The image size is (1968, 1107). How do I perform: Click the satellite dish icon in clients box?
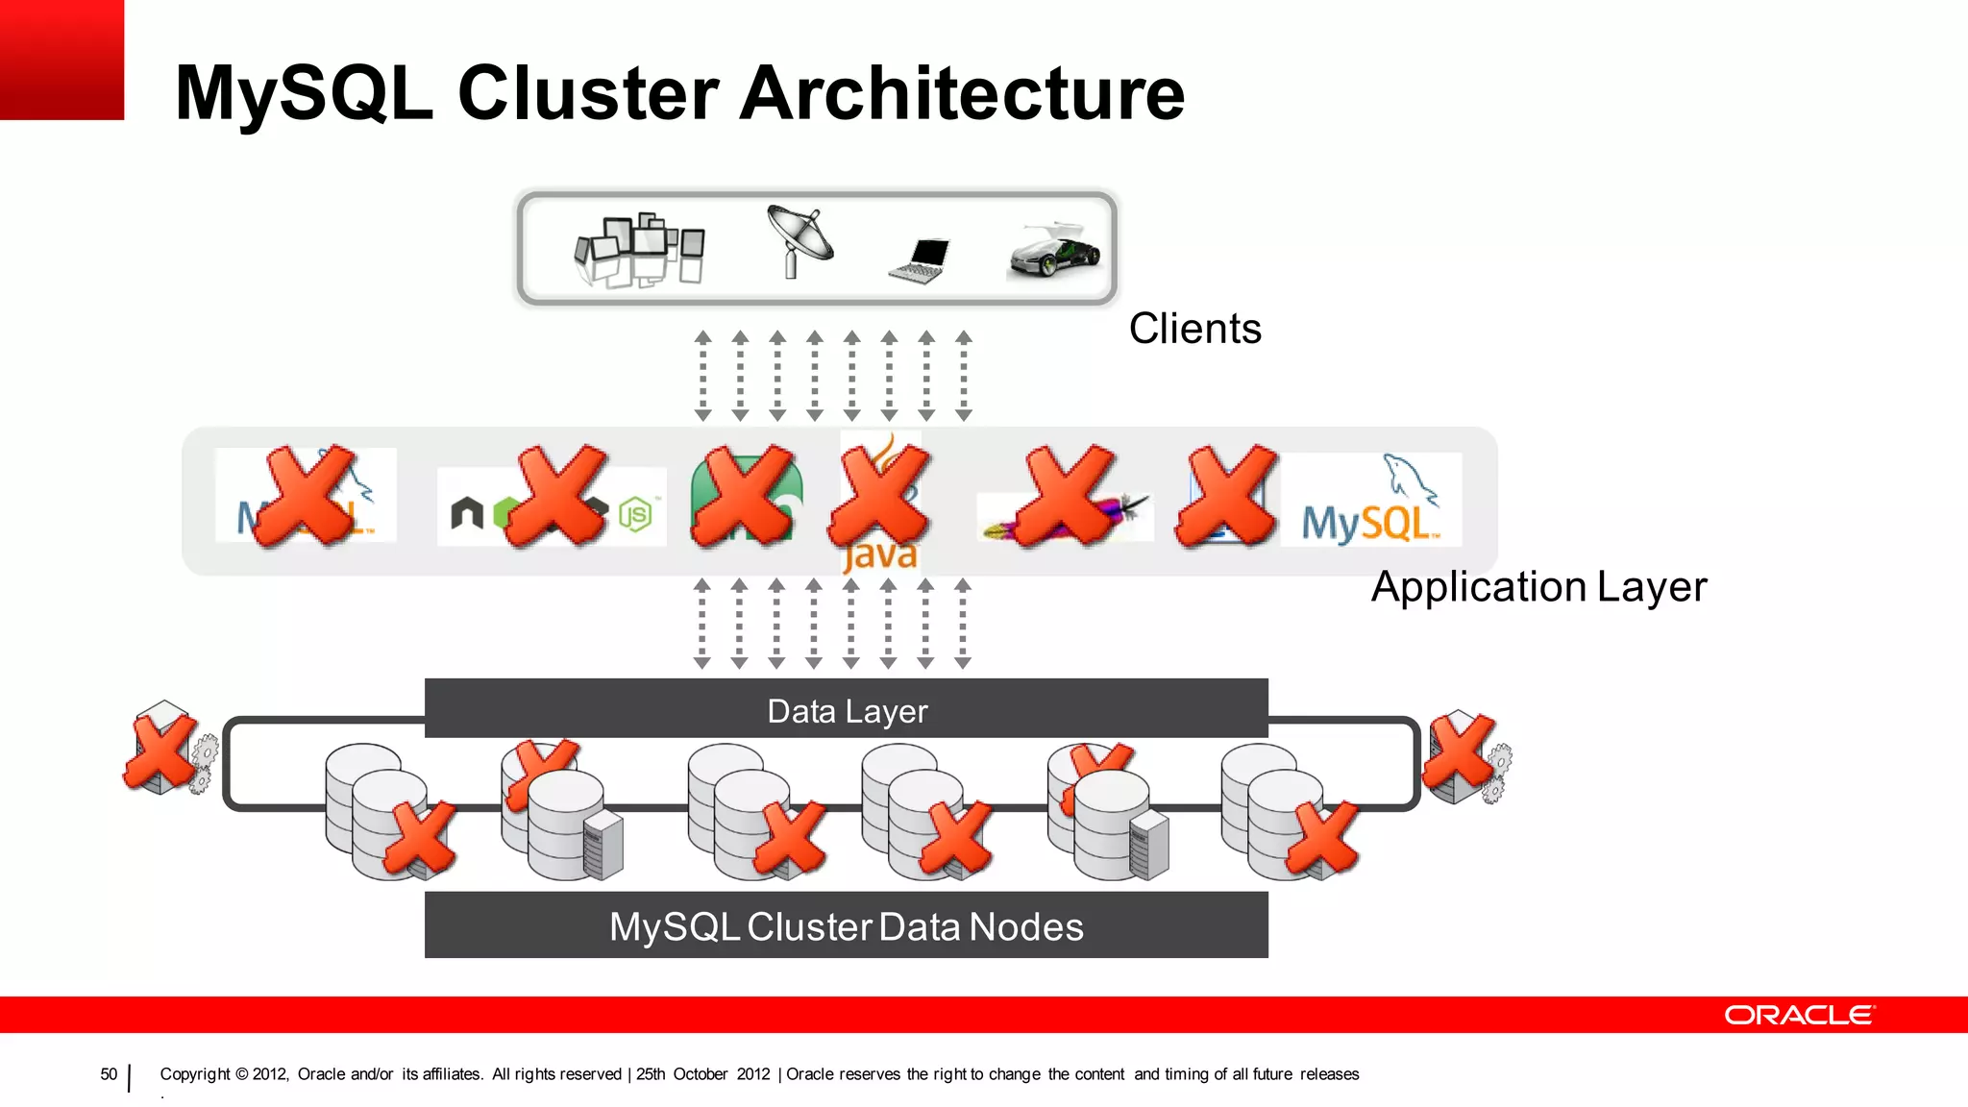click(x=799, y=240)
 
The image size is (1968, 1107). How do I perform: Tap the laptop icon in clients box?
click(x=920, y=260)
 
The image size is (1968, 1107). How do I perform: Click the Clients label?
click(x=1194, y=329)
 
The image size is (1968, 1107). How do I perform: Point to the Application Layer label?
click(x=1538, y=586)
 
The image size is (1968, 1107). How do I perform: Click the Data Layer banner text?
click(x=847, y=711)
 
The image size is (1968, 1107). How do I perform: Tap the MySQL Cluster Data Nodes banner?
click(x=847, y=926)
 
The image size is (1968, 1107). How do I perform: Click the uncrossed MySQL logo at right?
click(x=1370, y=503)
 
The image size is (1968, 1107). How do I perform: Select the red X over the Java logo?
click(x=881, y=494)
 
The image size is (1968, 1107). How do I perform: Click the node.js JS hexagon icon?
click(x=635, y=515)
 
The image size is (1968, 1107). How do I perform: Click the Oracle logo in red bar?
click(x=1798, y=1016)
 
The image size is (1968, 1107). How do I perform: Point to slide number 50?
click(x=109, y=1074)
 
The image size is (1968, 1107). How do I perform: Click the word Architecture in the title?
click(x=964, y=93)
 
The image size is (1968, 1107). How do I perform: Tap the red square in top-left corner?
click(x=61, y=59)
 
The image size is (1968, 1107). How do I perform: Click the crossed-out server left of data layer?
click(x=164, y=749)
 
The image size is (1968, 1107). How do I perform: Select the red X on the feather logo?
click(x=1067, y=496)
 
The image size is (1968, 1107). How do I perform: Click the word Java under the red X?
click(x=879, y=556)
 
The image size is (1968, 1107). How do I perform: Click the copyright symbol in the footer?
click(x=241, y=1074)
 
